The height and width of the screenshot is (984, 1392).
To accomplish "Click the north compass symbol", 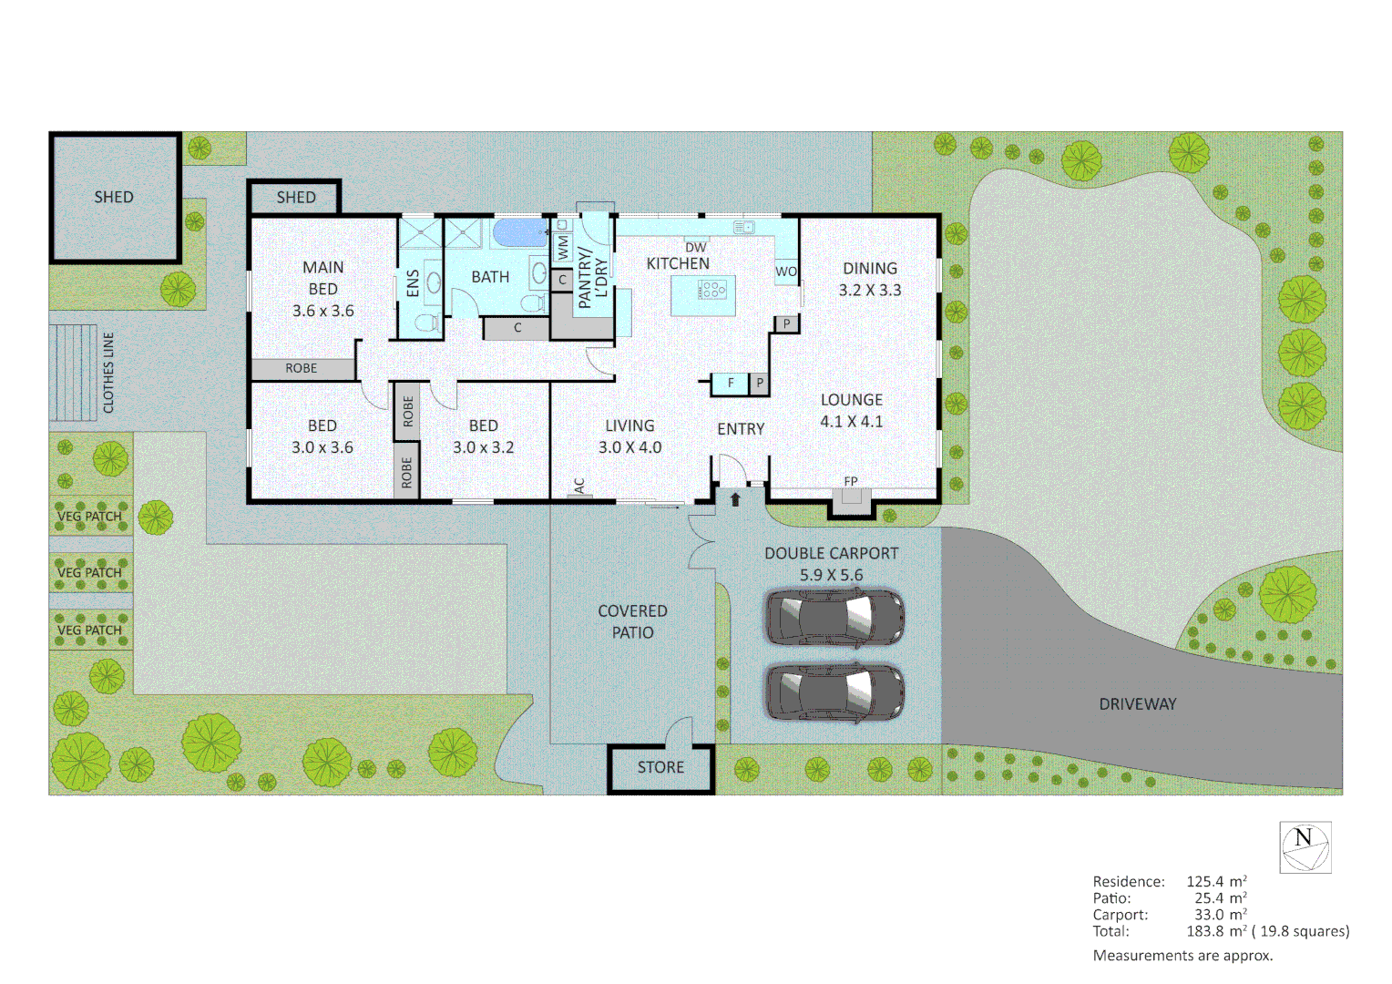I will coord(1305,847).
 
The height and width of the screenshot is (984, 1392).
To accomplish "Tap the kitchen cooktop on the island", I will coord(711,291).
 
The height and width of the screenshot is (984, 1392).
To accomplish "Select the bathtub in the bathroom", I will coord(520,232).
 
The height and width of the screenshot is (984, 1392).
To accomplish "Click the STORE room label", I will coord(660,767).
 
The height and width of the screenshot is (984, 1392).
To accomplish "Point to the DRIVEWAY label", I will coord(1137,704).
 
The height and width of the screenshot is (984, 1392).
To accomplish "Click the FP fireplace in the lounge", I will coord(851,496).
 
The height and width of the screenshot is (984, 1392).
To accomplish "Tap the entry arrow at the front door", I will coord(735,499).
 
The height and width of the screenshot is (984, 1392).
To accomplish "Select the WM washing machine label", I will coord(562,247).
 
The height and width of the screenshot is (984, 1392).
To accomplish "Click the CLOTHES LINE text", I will coord(108,373).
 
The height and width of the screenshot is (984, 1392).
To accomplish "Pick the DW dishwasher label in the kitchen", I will coord(696,247).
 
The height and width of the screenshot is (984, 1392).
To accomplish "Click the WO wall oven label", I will coord(786,272).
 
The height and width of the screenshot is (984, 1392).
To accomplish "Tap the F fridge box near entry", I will coord(731,384).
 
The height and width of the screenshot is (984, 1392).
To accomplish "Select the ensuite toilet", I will coord(425,323).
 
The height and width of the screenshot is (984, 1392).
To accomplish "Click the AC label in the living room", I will coord(579,486).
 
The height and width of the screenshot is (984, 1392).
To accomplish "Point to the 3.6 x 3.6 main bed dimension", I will coord(323,311).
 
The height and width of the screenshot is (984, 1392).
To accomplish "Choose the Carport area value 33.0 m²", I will coord(1220,915).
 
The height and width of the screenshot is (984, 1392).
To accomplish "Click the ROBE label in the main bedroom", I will coord(302,368).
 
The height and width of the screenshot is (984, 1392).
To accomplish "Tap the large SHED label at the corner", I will coord(114,197).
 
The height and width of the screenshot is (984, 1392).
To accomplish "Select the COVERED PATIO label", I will coord(632,621).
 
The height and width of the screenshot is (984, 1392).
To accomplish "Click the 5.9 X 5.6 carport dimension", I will coord(831,575).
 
